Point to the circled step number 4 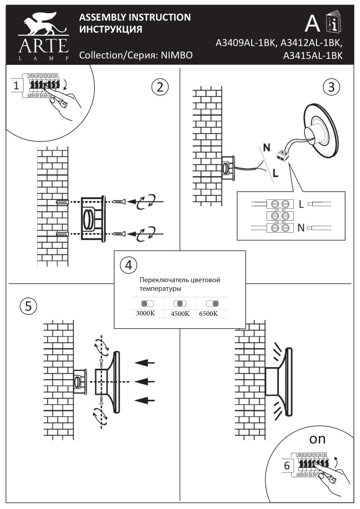pyautogui.click(x=128, y=264)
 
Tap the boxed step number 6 pyautogui.click(x=286, y=465)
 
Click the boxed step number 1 pyautogui.click(x=16, y=85)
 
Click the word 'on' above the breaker pyautogui.click(x=317, y=439)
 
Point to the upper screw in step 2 pyautogui.click(x=119, y=201)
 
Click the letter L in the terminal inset pyautogui.click(x=302, y=204)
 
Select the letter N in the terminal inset pyautogui.click(x=302, y=228)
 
